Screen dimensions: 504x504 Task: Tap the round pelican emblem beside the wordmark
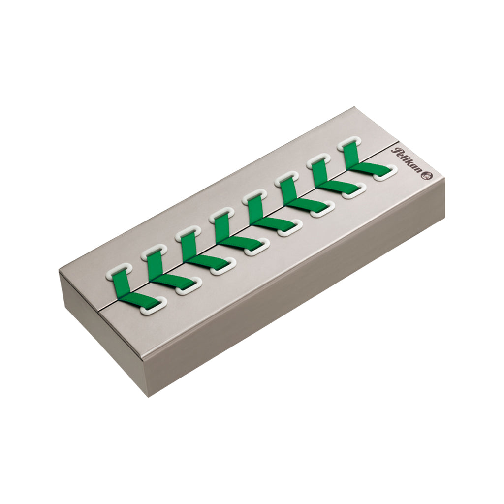point(429,175)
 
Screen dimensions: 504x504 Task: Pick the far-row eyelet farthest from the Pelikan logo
point(118,271)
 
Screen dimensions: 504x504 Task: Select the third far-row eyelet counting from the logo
point(286,180)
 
